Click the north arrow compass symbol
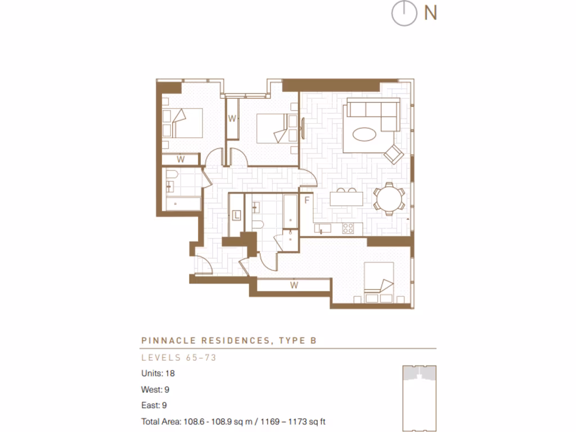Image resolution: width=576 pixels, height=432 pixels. click(x=403, y=14)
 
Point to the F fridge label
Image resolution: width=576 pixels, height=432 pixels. click(x=307, y=200)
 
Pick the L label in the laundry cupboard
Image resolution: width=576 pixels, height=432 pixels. click(x=237, y=215)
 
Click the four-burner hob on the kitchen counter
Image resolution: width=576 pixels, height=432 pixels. click(x=348, y=228)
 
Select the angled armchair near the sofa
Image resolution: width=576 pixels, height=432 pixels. click(x=394, y=153)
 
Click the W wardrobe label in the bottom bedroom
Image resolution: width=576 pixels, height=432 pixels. click(x=294, y=285)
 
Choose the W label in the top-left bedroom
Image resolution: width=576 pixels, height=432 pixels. click(x=181, y=159)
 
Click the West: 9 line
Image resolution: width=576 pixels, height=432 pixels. click(x=156, y=389)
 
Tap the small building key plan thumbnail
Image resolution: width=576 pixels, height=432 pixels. click(x=419, y=397)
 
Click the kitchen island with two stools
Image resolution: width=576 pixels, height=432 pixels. click(x=345, y=199)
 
